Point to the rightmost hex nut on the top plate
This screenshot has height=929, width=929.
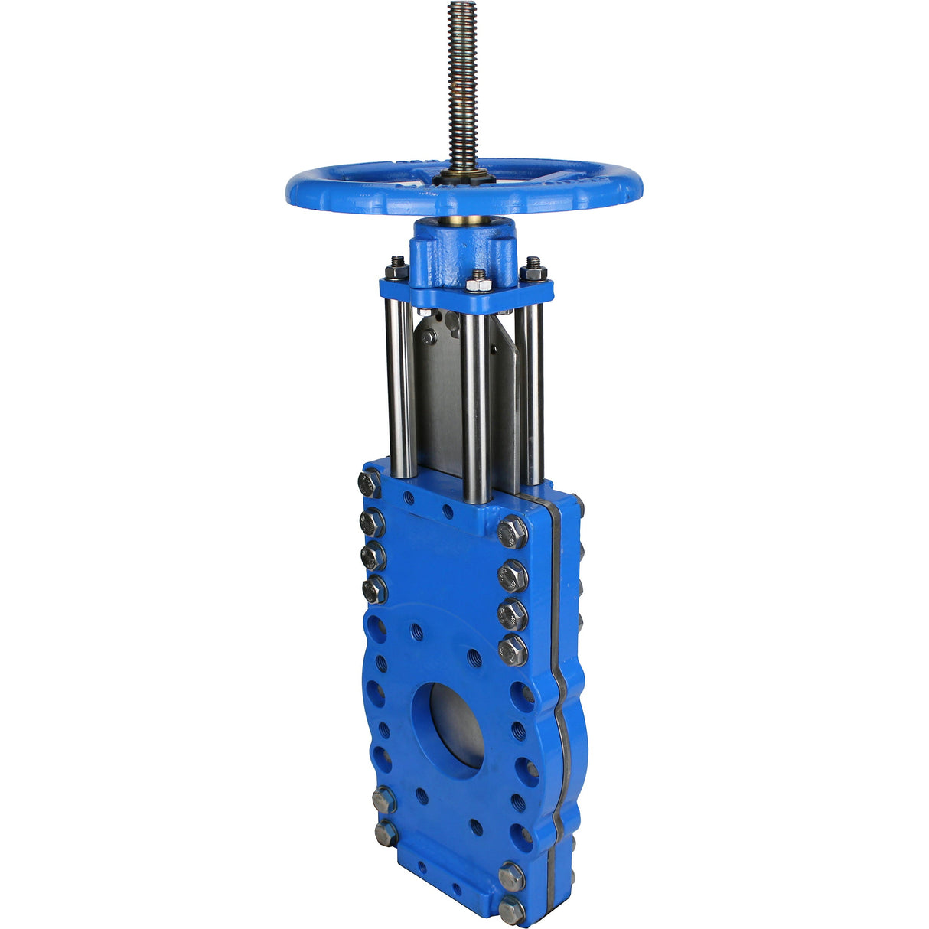[533, 270]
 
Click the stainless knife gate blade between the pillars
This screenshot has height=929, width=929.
[440, 398]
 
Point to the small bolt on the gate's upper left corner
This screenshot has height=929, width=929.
[429, 337]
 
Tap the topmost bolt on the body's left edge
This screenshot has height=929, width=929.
[370, 484]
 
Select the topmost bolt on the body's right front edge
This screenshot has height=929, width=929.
[512, 531]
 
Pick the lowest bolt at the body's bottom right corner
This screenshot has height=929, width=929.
[511, 910]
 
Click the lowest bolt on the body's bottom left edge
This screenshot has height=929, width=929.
[386, 833]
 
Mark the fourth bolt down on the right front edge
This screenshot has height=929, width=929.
[513, 650]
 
